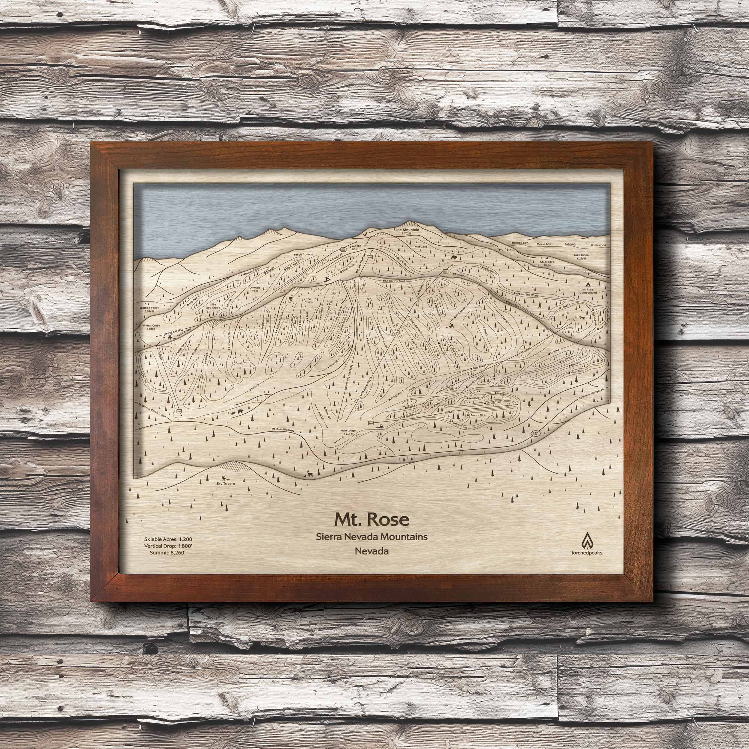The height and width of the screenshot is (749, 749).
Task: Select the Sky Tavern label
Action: pos(225,484)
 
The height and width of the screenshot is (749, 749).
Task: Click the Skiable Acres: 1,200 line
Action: pos(168,539)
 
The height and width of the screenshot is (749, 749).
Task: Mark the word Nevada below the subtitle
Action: pos(372,551)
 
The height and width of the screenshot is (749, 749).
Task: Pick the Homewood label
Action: pos(597,245)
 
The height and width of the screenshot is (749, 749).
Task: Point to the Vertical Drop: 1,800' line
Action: pos(168,546)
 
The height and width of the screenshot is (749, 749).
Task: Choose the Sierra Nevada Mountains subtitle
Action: pos(372,537)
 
